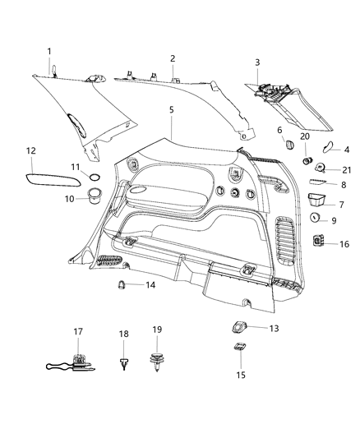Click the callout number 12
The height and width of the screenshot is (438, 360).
click(x=31, y=150)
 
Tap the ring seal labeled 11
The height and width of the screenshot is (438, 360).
click(x=95, y=178)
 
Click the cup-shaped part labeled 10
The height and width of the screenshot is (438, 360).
click(x=93, y=196)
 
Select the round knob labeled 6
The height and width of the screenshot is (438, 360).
click(x=288, y=145)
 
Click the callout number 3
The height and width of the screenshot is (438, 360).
click(x=257, y=62)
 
